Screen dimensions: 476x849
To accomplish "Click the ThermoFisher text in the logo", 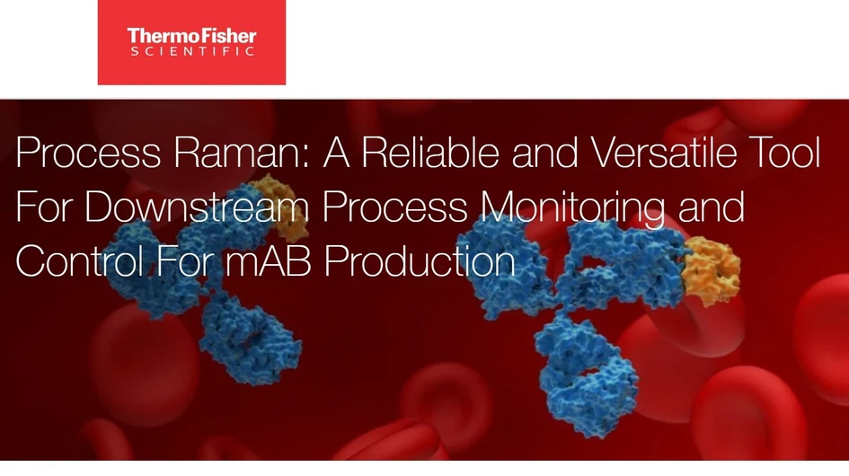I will [191, 36].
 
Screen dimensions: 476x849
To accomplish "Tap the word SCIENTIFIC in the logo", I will [191, 52].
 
